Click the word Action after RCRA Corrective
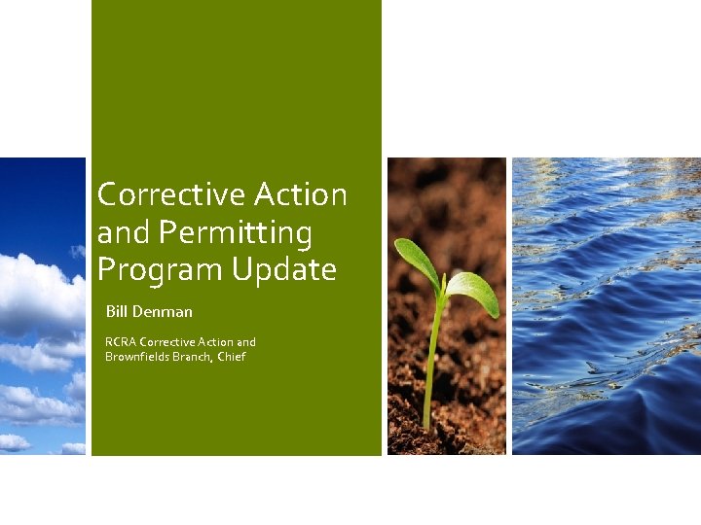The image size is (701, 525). (x=214, y=342)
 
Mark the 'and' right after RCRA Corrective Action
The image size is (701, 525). (x=246, y=342)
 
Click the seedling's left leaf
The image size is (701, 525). (x=415, y=261)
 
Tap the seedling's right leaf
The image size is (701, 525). (x=474, y=291)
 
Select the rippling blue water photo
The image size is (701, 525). (x=606, y=306)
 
